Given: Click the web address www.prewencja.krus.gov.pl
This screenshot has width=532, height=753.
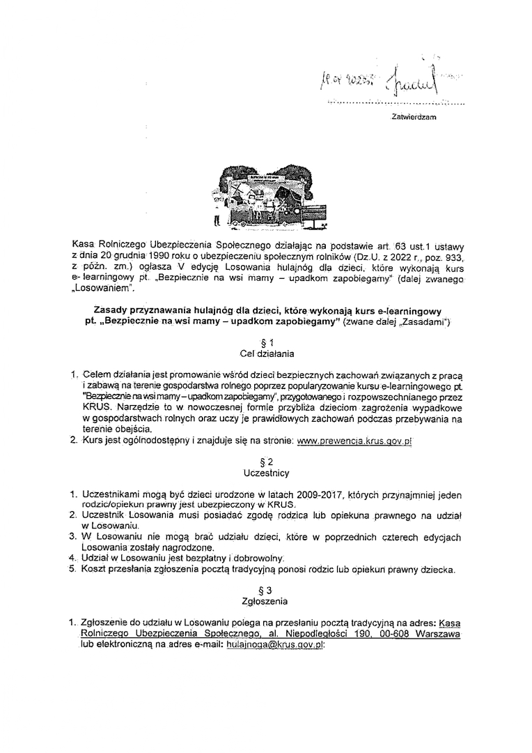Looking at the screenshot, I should pos(354,441).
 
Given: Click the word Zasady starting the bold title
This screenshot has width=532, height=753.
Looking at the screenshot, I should pos(113,310).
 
